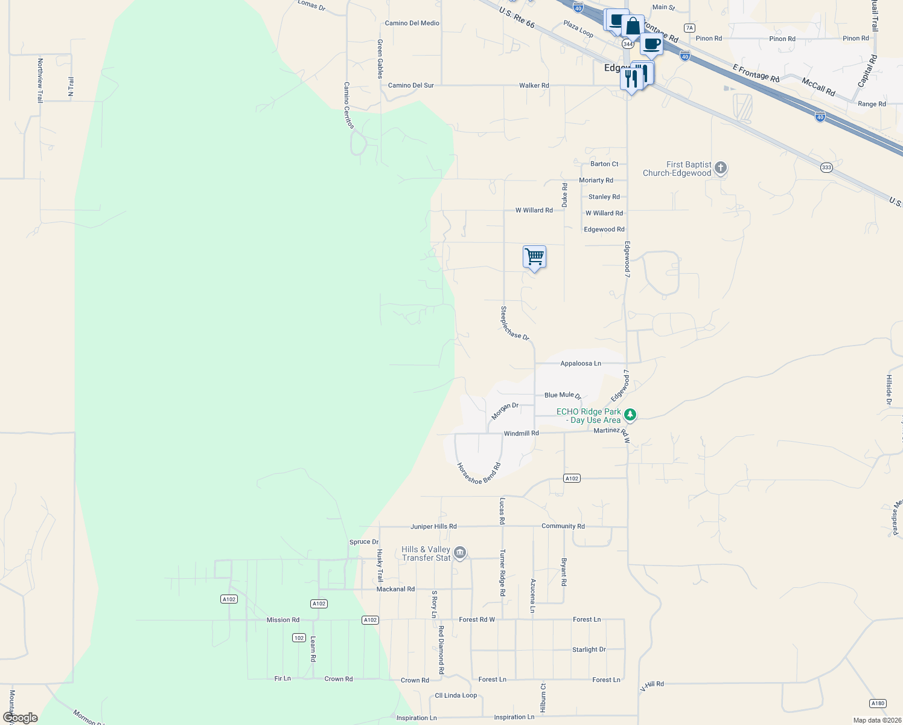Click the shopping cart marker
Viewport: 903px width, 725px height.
click(534, 257)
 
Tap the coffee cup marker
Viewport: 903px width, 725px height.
click(651, 44)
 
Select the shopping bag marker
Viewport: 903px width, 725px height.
click(633, 27)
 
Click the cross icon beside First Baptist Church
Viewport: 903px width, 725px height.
click(720, 169)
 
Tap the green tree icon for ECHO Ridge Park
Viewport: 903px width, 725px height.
click(630, 414)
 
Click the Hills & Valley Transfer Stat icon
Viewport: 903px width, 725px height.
click(460, 553)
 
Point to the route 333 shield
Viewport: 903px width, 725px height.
click(826, 167)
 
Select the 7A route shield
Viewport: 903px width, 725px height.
click(689, 28)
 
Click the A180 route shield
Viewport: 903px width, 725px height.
click(878, 703)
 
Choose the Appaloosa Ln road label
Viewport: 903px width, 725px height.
click(581, 364)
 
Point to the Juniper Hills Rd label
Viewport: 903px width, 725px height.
click(433, 527)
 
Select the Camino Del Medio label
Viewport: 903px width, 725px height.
click(412, 24)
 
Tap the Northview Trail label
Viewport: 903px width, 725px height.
click(40, 80)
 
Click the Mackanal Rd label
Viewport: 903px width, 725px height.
click(395, 589)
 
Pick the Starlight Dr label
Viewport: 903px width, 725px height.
click(589, 649)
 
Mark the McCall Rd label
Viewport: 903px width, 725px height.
click(818, 87)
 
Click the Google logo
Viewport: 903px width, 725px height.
click(21, 718)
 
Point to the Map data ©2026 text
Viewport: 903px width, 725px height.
click(876, 720)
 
